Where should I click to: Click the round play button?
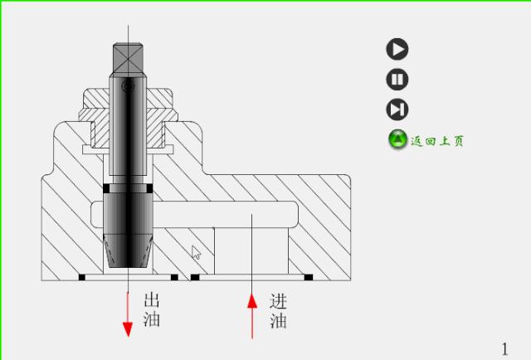[397, 49]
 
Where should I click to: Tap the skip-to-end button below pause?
[397, 109]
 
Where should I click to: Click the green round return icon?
[398, 140]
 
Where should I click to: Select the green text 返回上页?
[437, 141]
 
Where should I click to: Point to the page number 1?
[505, 348]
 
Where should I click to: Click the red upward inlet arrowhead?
[252, 299]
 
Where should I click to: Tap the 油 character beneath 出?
[152, 320]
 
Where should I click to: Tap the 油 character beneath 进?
[278, 321]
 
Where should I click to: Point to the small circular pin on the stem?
[127, 86]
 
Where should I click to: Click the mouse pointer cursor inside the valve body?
[196, 252]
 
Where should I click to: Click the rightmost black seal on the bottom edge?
[308, 276]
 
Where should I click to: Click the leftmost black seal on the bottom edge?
[81, 276]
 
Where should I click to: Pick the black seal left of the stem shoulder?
[105, 188]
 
